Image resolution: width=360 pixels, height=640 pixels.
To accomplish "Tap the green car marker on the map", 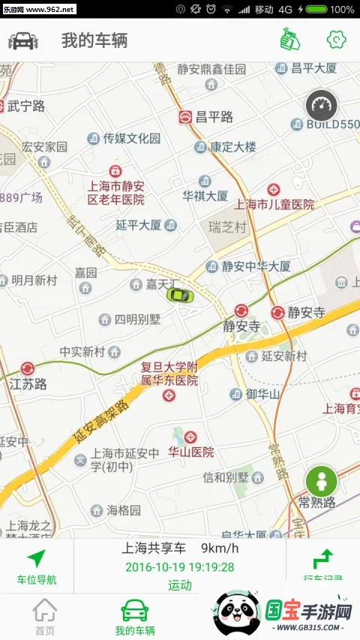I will [180, 294].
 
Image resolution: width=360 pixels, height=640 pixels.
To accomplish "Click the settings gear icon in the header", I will [336, 40].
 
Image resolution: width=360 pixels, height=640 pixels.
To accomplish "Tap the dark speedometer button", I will [322, 106].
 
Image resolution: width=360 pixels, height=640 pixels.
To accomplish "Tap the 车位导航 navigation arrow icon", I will [36, 558].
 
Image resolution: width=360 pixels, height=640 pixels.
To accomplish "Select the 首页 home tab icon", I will [45, 610].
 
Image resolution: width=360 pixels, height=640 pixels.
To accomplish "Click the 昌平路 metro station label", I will [214, 117].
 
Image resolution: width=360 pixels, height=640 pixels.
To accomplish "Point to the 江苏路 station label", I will [28, 384].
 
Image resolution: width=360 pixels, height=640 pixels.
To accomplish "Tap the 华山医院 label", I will [190, 452].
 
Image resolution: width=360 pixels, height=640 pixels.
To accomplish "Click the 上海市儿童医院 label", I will [274, 204].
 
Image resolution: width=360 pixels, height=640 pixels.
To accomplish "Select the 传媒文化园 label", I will [132, 138].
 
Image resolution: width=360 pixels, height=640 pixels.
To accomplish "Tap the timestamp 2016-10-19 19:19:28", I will [179, 567].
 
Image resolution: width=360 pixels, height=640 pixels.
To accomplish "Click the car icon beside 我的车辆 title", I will [23, 41].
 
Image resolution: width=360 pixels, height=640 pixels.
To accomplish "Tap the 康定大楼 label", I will [232, 147].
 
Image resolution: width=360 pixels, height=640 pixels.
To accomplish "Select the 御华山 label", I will [262, 394].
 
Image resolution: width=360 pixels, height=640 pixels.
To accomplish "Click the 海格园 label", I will [123, 510].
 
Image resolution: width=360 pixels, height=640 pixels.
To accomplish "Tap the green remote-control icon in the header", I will [286, 40].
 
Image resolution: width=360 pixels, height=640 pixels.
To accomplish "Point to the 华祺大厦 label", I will [205, 195].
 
